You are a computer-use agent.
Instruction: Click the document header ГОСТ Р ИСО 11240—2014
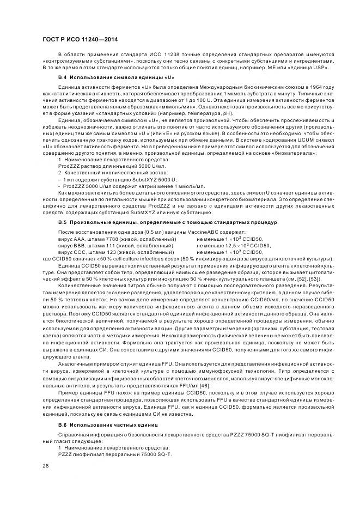[x=80, y=40]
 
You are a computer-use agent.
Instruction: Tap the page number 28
[x=45, y=465]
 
